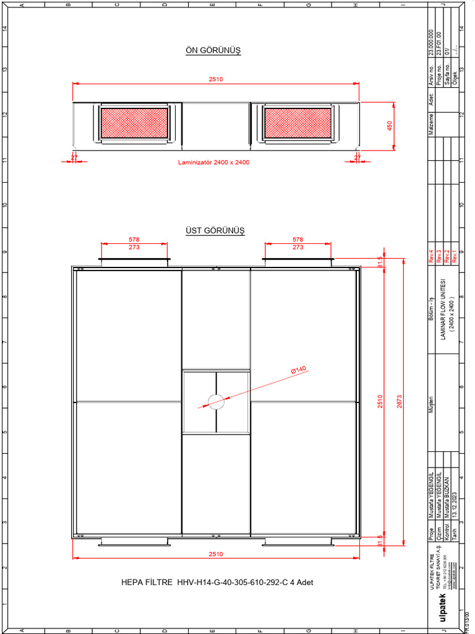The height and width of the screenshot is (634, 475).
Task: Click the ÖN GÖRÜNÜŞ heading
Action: coord(213,51)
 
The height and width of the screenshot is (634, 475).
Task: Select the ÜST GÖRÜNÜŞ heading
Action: coord(215,230)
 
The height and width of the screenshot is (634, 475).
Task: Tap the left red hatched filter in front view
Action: coord(134,123)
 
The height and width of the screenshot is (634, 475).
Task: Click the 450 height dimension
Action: coord(390,126)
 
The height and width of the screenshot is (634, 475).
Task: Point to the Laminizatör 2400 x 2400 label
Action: coord(213,162)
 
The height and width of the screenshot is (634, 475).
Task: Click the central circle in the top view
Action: coord(216,401)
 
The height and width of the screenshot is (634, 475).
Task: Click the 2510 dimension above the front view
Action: coord(215,79)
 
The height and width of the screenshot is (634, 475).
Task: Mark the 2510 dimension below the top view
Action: coord(215,554)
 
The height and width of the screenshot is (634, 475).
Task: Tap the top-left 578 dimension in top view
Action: coord(134,239)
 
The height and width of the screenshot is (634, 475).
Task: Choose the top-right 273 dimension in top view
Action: coord(298,247)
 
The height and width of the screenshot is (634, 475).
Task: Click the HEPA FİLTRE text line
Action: coord(213,583)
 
